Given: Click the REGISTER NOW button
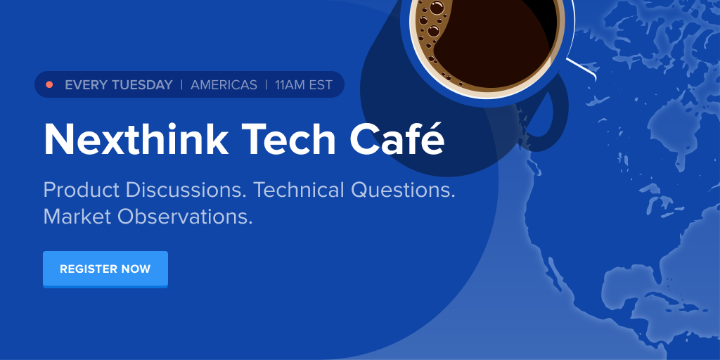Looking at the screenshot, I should point(105,269).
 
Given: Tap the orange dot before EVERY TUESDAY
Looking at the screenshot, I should point(49,85).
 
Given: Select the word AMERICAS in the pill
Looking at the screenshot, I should point(224,85).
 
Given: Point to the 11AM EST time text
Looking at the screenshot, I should point(304,85).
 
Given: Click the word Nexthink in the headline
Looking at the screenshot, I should point(136,139).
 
